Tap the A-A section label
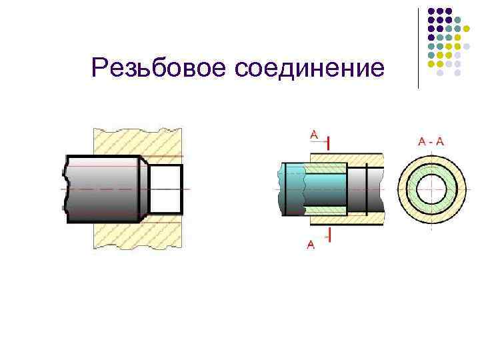click(x=431, y=141)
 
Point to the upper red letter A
click(x=313, y=135)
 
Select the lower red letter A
click(x=311, y=245)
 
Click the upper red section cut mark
click(x=330, y=141)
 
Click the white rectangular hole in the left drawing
click(x=165, y=189)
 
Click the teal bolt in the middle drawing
click(x=293, y=189)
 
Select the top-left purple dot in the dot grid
click(x=431, y=11)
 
